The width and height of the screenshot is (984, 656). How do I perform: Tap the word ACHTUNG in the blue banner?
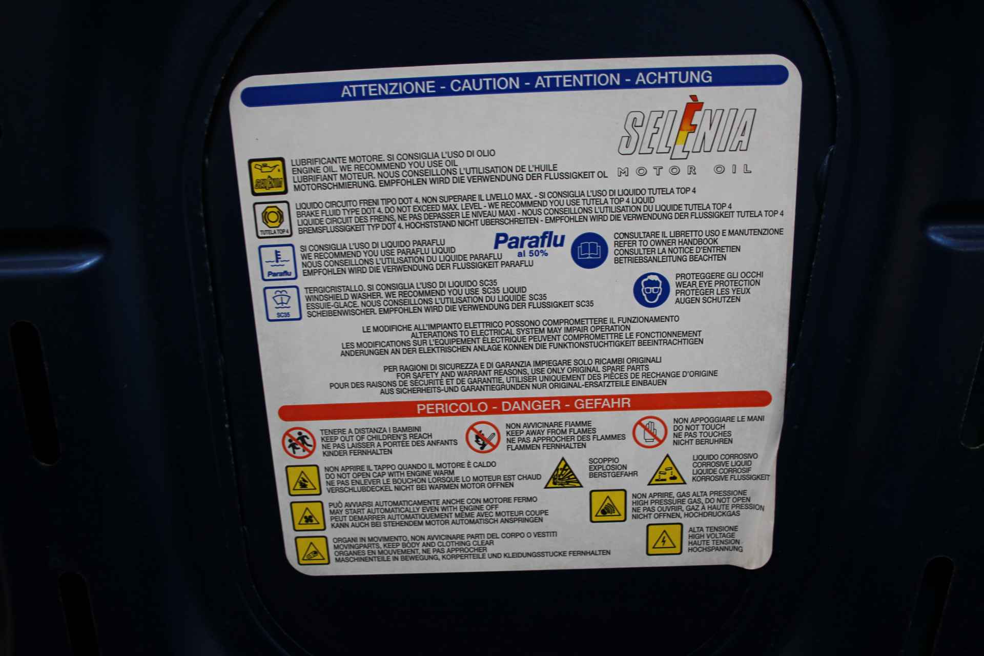[x=673, y=78]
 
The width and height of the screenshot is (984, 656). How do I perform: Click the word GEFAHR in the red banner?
[x=602, y=403]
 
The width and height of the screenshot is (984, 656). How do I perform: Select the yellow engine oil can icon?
[x=266, y=176]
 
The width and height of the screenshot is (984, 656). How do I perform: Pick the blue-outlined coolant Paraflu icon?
[x=278, y=262]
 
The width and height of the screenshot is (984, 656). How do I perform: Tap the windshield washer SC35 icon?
[x=282, y=304]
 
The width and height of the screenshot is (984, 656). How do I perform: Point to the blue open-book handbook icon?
[x=589, y=250]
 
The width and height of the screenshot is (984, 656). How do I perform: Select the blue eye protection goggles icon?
[x=651, y=289]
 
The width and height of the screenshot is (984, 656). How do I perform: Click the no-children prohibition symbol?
[x=298, y=443]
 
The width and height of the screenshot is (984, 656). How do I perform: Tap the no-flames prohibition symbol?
[x=483, y=437]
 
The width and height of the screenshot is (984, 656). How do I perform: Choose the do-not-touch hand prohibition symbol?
[x=649, y=432]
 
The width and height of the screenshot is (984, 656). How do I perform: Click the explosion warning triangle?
[x=563, y=474]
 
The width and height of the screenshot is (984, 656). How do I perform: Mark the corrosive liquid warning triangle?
[x=666, y=470]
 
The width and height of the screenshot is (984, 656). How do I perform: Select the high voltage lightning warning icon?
[x=664, y=539]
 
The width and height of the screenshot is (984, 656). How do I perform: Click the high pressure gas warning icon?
[x=607, y=506]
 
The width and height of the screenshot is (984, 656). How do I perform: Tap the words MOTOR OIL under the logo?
[x=685, y=170]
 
